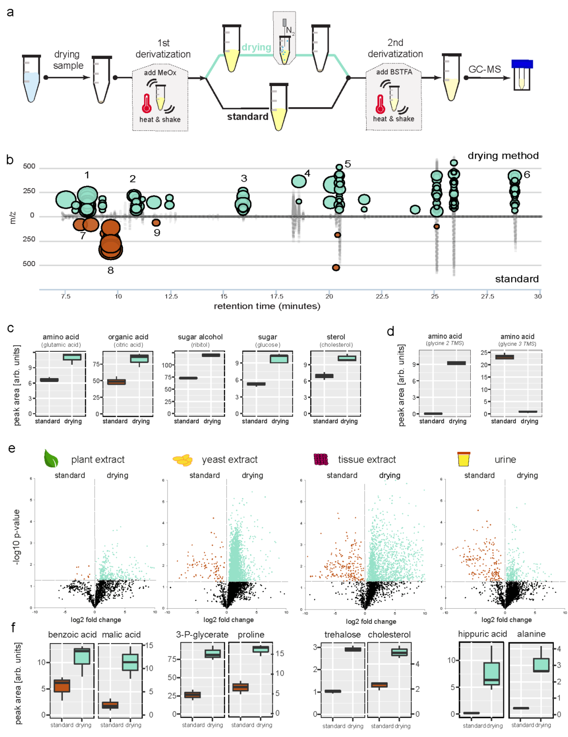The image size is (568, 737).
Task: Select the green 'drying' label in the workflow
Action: pyautogui.click(x=256, y=47)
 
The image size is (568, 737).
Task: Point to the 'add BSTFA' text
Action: pyautogui.click(x=394, y=72)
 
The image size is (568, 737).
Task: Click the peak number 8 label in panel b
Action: pyautogui.click(x=111, y=270)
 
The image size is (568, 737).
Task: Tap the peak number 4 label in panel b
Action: pyautogui.click(x=307, y=173)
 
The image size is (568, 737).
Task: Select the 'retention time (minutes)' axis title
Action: pyautogui.click(x=267, y=306)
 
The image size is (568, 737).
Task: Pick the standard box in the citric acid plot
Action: pyautogui.click(x=116, y=382)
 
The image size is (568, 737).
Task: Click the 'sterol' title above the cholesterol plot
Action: pyautogui.click(x=336, y=337)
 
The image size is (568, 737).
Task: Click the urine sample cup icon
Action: pyautogui.click(x=464, y=459)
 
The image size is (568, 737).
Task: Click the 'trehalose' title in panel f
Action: pyautogui.click(x=342, y=634)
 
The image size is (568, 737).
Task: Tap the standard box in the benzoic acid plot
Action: pyautogui.click(x=62, y=686)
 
